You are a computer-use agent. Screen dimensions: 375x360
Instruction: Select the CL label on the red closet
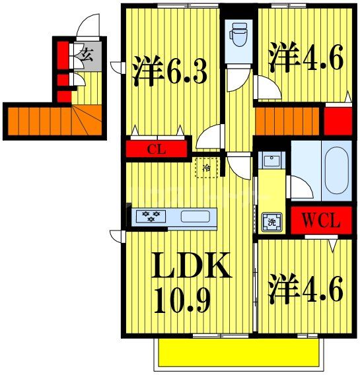(x=156, y=149)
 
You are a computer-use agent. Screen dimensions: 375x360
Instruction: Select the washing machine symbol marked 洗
(x=270, y=222)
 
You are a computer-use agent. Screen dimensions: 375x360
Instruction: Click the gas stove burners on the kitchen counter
(x=151, y=217)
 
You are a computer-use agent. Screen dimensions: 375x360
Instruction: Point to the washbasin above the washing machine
(x=271, y=160)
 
